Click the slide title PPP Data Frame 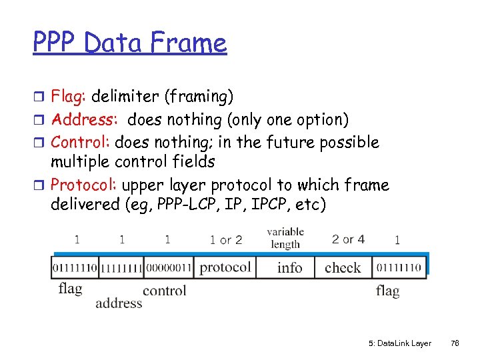[130, 43]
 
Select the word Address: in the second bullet [85, 120]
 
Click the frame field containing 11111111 [121, 268]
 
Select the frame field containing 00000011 [168, 268]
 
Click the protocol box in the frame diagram [225, 267]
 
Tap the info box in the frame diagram [289, 268]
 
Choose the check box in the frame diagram [343, 268]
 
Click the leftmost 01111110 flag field [75, 268]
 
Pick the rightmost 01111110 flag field [398, 268]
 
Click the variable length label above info [285, 238]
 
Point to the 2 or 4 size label [348, 239]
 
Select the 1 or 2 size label [225, 240]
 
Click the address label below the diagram [119, 303]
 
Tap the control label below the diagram [164, 290]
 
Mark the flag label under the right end [387, 291]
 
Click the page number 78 [455, 343]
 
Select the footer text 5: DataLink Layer [399, 343]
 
